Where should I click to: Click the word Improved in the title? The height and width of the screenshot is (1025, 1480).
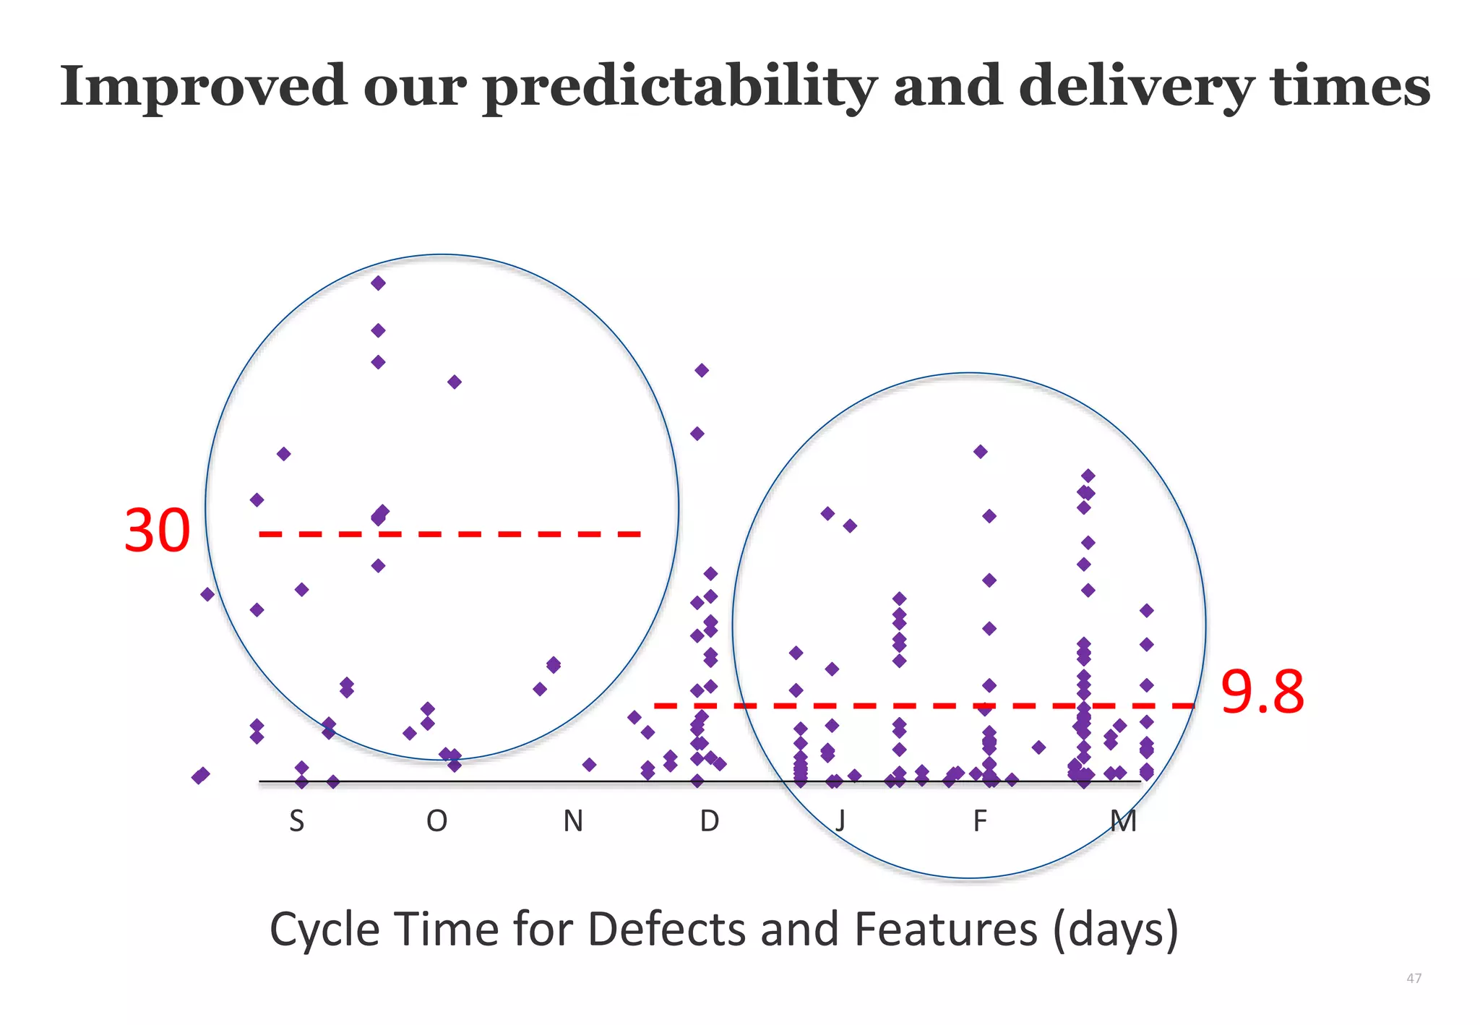coord(203,86)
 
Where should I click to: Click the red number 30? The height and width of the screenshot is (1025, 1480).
coord(157,531)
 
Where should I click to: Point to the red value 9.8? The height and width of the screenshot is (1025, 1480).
coord(1262,692)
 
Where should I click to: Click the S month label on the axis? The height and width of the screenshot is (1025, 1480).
coord(296,822)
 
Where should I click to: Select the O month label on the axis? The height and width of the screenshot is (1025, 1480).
coord(436,822)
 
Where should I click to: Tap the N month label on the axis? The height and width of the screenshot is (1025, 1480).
coord(573,822)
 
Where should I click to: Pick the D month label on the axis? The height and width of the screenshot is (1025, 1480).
coord(710,822)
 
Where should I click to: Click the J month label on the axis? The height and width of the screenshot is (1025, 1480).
coord(840,822)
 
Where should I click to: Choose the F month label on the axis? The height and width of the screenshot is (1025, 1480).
coord(979,822)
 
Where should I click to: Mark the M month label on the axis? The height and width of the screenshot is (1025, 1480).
coord(1124,822)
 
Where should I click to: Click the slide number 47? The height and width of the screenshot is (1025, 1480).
coord(1414,979)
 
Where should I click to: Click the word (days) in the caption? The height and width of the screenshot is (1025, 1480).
coord(1115,930)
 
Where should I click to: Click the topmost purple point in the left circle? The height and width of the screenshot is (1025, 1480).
coord(378,283)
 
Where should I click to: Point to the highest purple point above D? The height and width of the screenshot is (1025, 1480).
coord(702,370)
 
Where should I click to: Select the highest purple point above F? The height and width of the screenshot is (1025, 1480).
coord(981,452)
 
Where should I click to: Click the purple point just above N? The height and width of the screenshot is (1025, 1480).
coord(589,764)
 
